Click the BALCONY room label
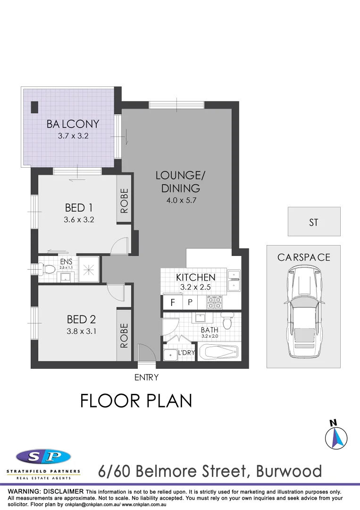pyautogui.click(x=73, y=124)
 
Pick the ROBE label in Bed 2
pyautogui.click(x=124, y=335)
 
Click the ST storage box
pyautogui.click(x=314, y=222)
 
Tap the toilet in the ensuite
pyautogui.click(x=48, y=269)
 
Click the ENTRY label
pyautogui.click(x=146, y=377)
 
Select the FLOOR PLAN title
pyautogui.click(x=136, y=401)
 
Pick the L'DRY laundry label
pyautogui.click(x=186, y=353)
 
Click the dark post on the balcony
pyautogui.click(x=34, y=107)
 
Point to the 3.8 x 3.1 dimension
pyautogui.click(x=82, y=331)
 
